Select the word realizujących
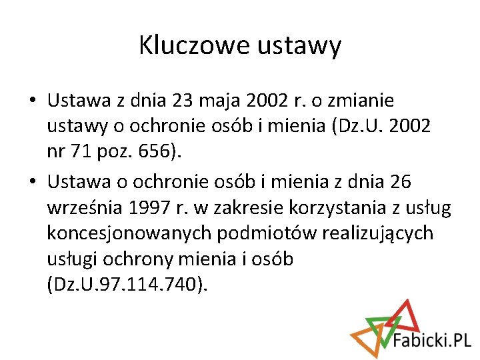[x=377, y=233]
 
